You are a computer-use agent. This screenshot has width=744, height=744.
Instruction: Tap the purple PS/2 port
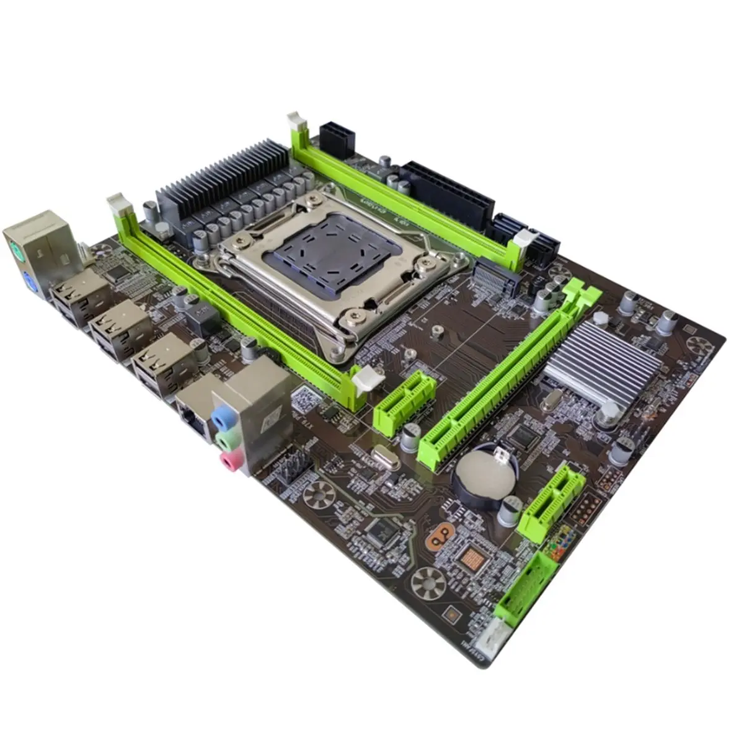click(x=30, y=281)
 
